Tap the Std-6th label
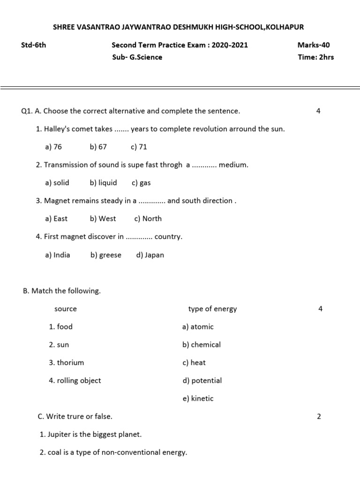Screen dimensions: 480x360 [x=34, y=45]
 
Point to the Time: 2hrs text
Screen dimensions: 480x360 [x=315, y=57]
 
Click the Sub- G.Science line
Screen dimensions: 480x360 [x=137, y=57]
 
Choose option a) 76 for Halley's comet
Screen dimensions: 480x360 [x=53, y=147]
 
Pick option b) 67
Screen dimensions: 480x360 [x=98, y=147]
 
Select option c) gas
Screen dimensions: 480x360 [x=141, y=183]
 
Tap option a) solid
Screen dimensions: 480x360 [x=57, y=183]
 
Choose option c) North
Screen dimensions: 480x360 [x=148, y=218]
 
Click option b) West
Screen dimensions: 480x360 [x=103, y=218]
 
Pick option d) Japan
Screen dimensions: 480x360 [x=150, y=255]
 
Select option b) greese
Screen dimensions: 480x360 [x=106, y=255]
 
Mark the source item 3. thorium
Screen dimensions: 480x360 [x=67, y=362]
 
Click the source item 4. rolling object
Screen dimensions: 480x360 [x=75, y=381]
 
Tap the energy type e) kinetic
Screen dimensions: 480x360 [x=198, y=398]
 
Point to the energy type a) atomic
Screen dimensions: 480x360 [x=198, y=327]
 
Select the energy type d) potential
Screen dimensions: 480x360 [x=202, y=381]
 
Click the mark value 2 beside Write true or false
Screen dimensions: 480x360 [x=319, y=416]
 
